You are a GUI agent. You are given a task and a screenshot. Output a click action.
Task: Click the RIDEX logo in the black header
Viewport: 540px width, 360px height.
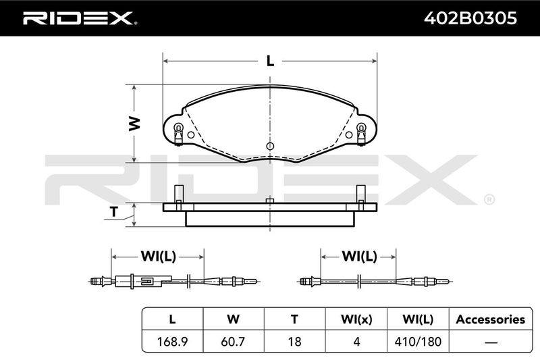tap(79, 18)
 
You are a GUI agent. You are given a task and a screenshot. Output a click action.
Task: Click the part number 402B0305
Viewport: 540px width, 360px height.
tap(470, 18)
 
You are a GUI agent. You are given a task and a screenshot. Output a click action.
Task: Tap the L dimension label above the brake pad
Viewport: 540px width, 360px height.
tap(271, 61)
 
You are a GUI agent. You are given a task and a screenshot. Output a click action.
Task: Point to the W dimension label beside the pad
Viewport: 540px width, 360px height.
tap(134, 124)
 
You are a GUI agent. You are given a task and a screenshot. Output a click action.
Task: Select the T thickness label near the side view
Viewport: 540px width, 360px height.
tap(114, 211)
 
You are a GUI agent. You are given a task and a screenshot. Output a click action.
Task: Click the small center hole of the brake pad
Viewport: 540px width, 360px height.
tap(271, 146)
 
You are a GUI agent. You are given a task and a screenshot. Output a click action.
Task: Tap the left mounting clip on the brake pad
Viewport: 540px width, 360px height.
tap(178, 134)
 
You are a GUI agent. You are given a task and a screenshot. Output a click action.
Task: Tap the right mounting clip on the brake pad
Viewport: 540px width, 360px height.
tap(361, 134)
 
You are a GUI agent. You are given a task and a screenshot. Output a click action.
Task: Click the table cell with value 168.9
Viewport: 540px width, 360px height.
tap(172, 342)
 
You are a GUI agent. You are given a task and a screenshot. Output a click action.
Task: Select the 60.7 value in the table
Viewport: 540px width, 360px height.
tap(233, 342)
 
